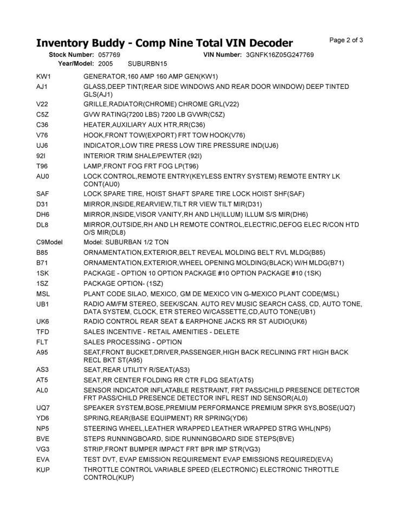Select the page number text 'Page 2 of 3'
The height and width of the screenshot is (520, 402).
tap(346, 40)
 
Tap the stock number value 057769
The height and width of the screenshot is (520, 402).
tap(109, 55)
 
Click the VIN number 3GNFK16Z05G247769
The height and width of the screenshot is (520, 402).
tap(280, 55)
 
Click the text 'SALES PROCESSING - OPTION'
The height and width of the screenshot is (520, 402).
tap(133, 342)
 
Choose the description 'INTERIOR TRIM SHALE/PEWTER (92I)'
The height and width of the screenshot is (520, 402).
tap(142, 155)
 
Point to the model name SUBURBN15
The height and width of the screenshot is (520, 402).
tap(147, 63)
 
